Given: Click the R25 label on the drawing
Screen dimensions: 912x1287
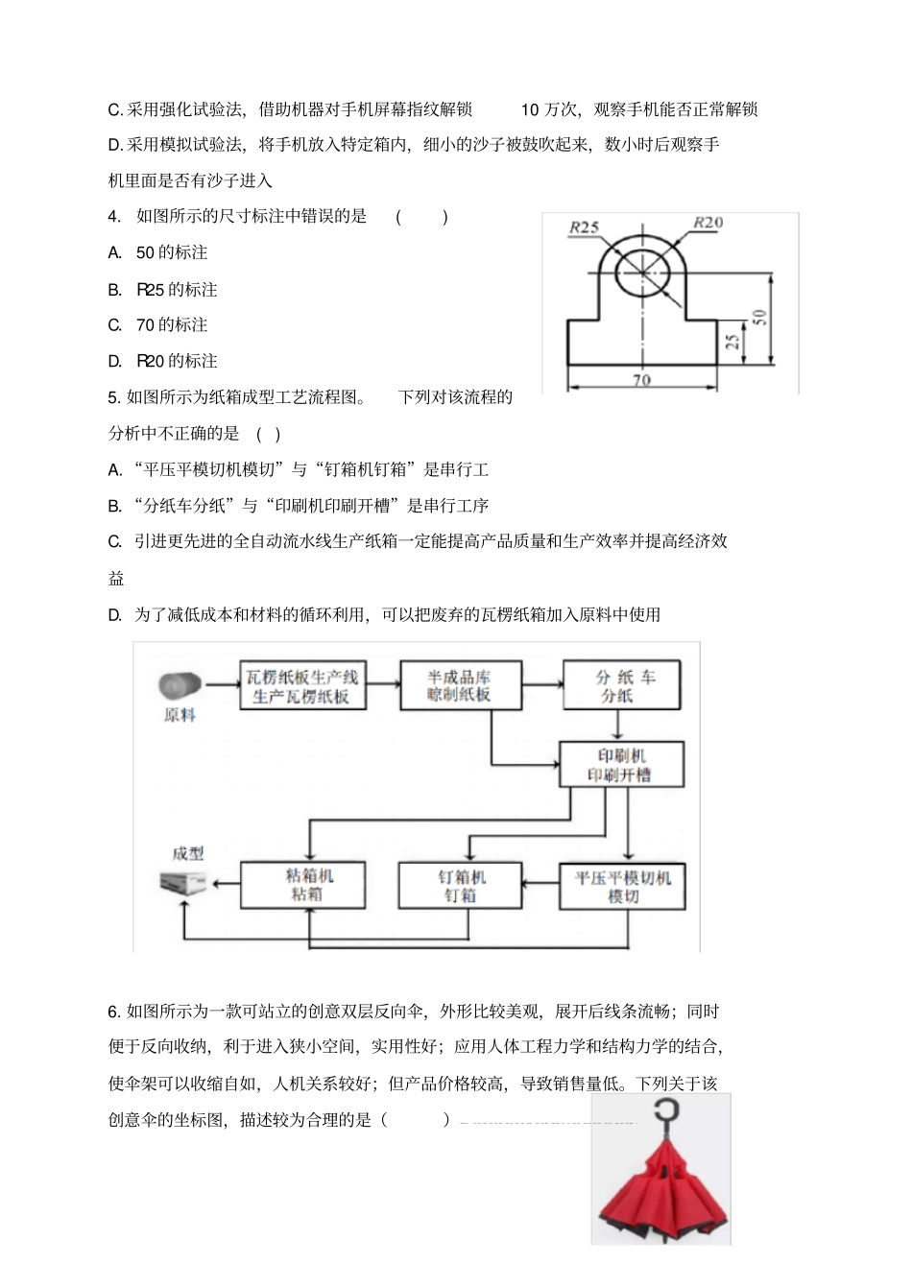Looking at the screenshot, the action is (584, 227).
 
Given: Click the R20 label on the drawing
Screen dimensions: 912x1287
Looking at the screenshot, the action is (708, 223).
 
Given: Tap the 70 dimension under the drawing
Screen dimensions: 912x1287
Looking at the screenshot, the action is (641, 380).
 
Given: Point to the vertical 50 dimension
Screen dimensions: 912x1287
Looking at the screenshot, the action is (758, 317).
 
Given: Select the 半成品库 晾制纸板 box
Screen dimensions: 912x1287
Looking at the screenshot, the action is (459, 685).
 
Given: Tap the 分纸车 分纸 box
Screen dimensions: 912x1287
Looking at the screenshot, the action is (622, 685).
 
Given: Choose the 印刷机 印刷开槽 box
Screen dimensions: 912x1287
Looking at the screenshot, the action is (622, 765).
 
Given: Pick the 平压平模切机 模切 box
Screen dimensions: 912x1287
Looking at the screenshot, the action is (622, 886).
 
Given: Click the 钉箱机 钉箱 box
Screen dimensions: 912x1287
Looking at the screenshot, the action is (461, 886).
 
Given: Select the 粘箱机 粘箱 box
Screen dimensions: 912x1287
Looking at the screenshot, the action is (302, 884).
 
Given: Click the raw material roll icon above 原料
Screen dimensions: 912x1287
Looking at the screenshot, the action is (180, 685).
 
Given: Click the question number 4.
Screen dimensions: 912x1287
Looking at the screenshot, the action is (114, 217).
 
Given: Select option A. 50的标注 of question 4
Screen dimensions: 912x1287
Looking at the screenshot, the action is (158, 253).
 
